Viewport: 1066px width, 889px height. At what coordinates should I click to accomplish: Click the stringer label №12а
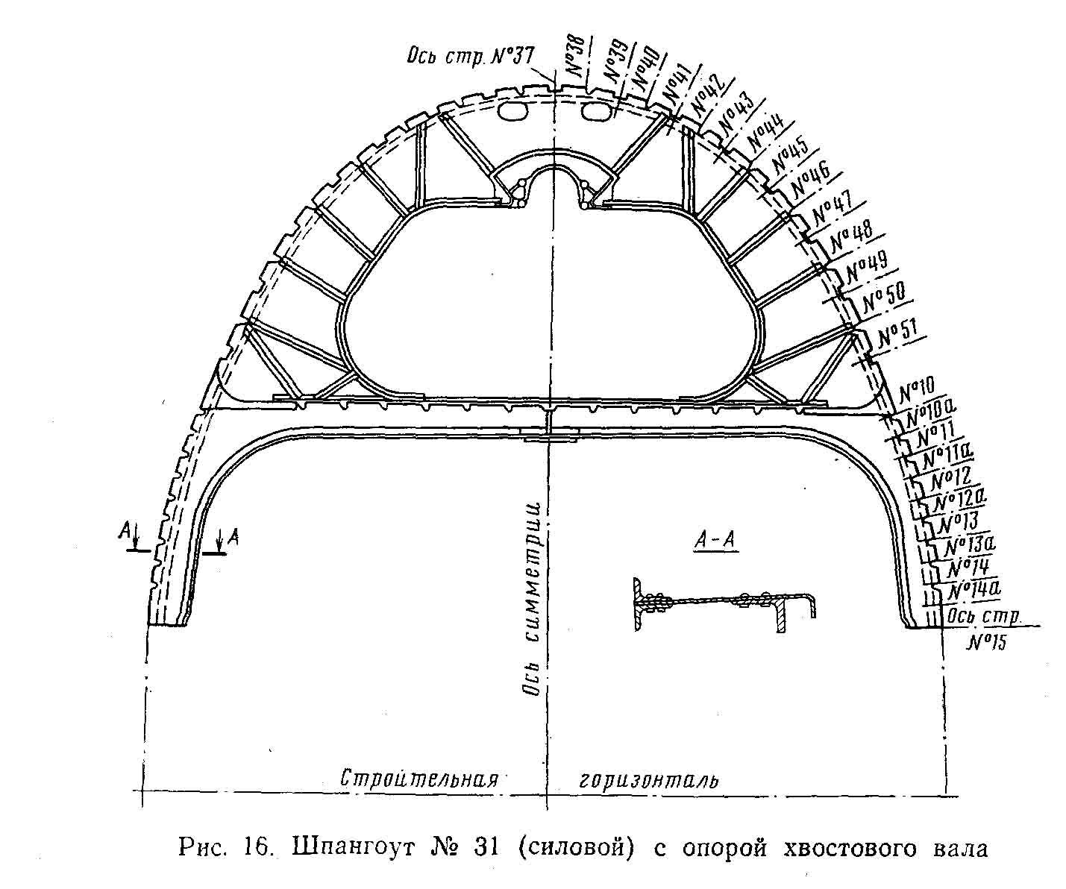pos(958,496)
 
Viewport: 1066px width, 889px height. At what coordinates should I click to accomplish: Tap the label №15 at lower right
pos(985,641)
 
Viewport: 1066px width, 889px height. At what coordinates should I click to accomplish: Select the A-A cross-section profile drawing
pos(724,602)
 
